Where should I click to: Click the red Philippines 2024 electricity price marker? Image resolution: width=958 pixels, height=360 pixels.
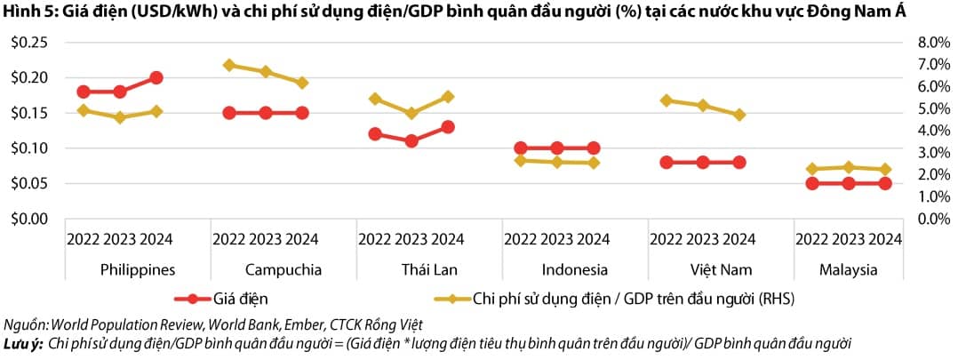156,78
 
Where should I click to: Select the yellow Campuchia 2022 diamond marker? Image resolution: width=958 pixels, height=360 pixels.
229,65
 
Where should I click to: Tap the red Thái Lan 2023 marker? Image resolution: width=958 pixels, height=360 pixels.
411,140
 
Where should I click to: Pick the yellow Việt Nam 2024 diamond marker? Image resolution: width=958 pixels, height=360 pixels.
739,115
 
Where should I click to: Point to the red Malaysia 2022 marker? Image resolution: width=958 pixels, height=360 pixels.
812,183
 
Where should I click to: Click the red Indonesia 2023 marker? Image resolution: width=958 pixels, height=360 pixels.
557,148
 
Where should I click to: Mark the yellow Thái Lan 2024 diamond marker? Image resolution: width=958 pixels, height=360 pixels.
448,96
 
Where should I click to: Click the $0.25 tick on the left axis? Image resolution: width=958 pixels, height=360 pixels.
28,43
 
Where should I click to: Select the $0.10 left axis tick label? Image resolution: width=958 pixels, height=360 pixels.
28,148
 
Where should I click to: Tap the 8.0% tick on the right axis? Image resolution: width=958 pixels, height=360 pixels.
923,43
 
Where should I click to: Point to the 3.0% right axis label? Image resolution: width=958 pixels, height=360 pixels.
923,152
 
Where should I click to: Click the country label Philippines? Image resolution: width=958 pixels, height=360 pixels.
138,269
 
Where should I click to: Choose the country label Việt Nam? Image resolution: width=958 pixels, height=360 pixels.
703,269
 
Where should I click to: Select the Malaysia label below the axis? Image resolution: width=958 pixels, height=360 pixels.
849,269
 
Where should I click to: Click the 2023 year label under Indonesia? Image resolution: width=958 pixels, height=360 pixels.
556,239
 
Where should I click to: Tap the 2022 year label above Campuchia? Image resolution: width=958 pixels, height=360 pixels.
229,239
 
